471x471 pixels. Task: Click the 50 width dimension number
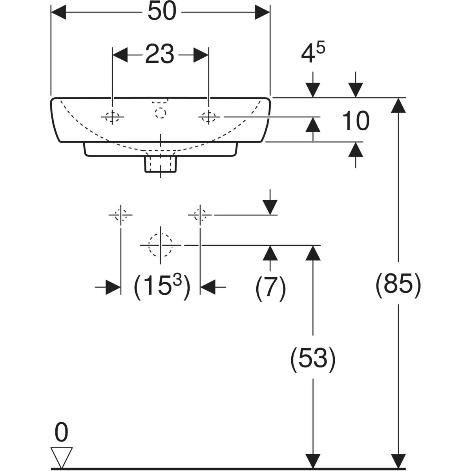(161, 12)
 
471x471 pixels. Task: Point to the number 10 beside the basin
(356, 121)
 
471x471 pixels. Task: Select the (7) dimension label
(270, 288)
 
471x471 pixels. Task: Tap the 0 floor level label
(61, 433)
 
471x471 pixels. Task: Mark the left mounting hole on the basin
(113, 117)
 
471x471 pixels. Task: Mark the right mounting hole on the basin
(208, 117)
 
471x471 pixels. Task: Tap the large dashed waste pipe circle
(160, 245)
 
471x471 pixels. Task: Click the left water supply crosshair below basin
(120, 215)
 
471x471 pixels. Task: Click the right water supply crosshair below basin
(200, 215)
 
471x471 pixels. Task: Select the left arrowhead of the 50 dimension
(58, 12)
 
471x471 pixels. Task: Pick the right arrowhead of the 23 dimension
(201, 55)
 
